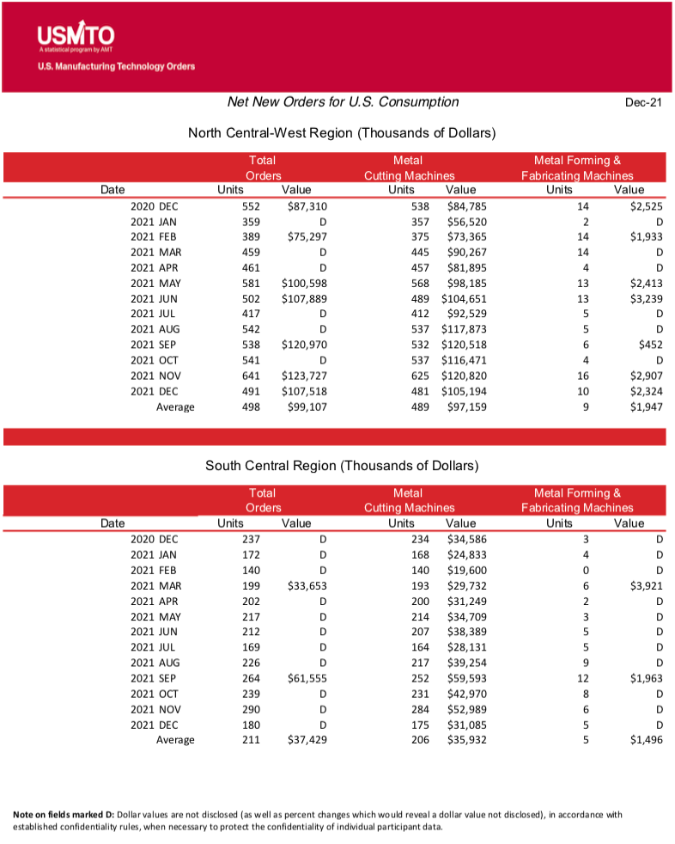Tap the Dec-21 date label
pyautogui.click(x=643, y=103)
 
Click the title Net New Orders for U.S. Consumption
pyautogui.click(x=343, y=102)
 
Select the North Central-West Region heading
pyautogui.click(x=342, y=133)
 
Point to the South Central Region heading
pyautogui.click(x=342, y=466)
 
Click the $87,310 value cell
pyautogui.click(x=307, y=206)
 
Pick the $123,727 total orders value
pyautogui.click(x=304, y=376)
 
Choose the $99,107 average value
pyautogui.click(x=307, y=407)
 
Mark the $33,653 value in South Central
pyautogui.click(x=307, y=586)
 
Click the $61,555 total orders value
pyautogui.click(x=307, y=678)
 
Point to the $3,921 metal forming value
pyautogui.click(x=646, y=586)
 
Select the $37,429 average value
pyautogui.click(x=307, y=740)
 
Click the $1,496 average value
pyautogui.click(x=646, y=740)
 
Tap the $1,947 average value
pyautogui.click(x=646, y=407)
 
